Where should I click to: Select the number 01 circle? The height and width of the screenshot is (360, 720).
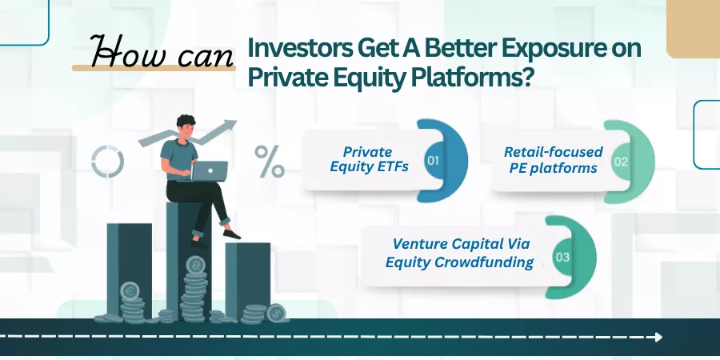433,161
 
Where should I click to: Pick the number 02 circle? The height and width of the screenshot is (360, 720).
620,162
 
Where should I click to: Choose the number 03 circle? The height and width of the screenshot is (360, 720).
562,257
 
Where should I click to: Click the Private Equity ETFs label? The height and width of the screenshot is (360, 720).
369,159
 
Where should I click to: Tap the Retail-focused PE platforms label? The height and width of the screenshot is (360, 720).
554,160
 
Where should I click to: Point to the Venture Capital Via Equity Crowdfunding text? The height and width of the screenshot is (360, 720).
460,253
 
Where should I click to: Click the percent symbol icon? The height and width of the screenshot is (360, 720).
270,161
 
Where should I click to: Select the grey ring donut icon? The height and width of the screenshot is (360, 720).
107,162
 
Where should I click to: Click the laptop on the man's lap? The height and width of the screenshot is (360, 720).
210,171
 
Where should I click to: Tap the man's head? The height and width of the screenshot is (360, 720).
186,126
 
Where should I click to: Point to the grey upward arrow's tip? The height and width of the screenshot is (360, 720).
236,122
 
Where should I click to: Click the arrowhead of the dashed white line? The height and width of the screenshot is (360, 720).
658,337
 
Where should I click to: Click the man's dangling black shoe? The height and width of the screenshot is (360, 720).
231,234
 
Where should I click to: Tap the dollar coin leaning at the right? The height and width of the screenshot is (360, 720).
277,313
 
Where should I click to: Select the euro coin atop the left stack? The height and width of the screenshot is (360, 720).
130,290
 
